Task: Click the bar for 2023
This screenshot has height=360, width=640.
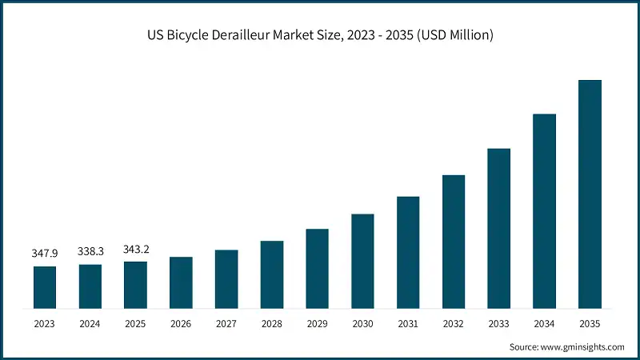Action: click(x=45, y=286)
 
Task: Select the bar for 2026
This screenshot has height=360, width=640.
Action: click(x=181, y=282)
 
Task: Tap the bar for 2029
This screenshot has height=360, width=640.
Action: click(x=317, y=268)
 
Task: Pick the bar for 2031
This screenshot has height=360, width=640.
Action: click(x=408, y=252)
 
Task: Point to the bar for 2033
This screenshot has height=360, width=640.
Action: click(x=498, y=228)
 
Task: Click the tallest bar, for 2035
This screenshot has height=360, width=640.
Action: click(x=590, y=194)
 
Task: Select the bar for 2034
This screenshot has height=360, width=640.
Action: click(x=544, y=210)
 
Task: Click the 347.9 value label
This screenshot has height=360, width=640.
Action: click(x=45, y=253)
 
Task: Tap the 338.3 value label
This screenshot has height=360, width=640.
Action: click(x=90, y=251)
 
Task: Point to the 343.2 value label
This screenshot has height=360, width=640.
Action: click(x=136, y=249)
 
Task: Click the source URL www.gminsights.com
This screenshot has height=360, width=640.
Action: click(x=583, y=346)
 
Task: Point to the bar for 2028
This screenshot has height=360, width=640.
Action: click(x=272, y=274)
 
